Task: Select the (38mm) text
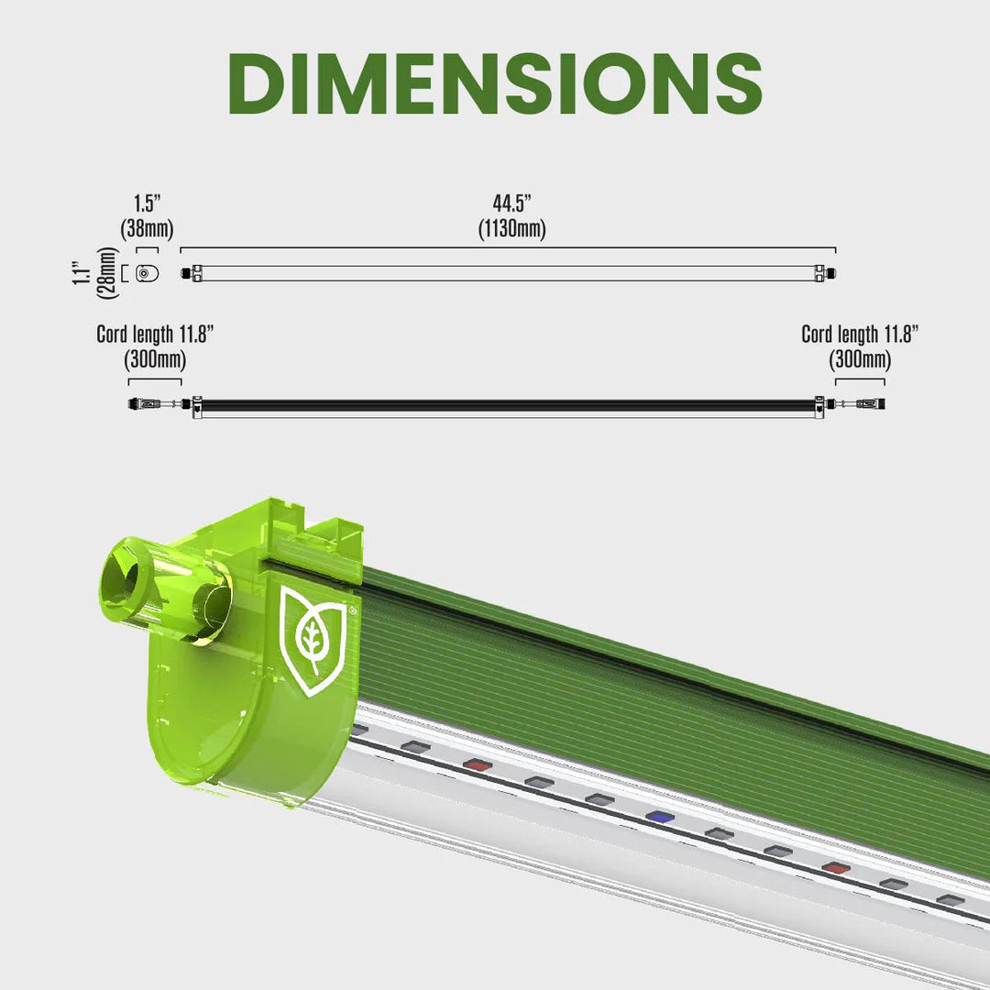[147, 228]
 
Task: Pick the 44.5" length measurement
[511, 203]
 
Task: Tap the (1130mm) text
[511, 228]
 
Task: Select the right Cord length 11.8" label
[859, 335]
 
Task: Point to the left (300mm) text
[154, 359]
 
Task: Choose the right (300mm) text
[859, 359]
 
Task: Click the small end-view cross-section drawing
[145, 273]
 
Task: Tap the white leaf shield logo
[312, 640]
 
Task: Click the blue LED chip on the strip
[657, 815]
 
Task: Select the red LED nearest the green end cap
[475, 764]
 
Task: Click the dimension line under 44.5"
[508, 247]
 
